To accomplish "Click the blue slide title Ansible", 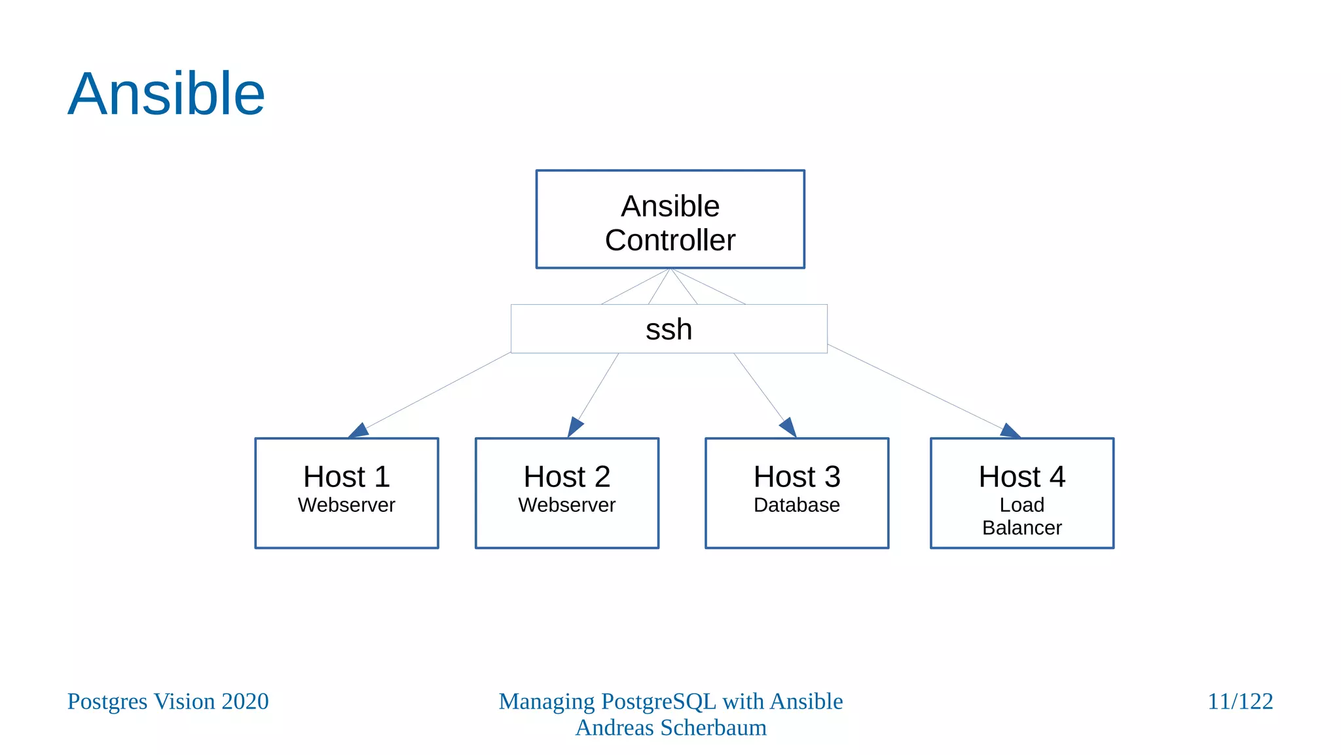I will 166,94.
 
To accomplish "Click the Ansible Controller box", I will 670,220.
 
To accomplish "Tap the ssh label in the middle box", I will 669,329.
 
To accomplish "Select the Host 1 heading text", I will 346,476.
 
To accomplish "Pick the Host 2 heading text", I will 566,476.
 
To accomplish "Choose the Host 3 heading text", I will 796,476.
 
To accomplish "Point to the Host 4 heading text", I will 1021,476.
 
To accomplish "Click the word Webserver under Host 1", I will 346,505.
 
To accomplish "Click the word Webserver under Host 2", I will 566,505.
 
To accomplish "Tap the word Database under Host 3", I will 796,505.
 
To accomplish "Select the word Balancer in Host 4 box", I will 1021,528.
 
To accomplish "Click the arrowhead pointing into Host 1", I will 359,431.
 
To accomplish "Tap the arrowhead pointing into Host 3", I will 788,427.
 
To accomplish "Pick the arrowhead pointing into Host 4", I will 1010,431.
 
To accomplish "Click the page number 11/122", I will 1240,701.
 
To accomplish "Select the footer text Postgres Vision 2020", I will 168,701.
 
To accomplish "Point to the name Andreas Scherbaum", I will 670,727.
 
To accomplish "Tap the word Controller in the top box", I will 670,241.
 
